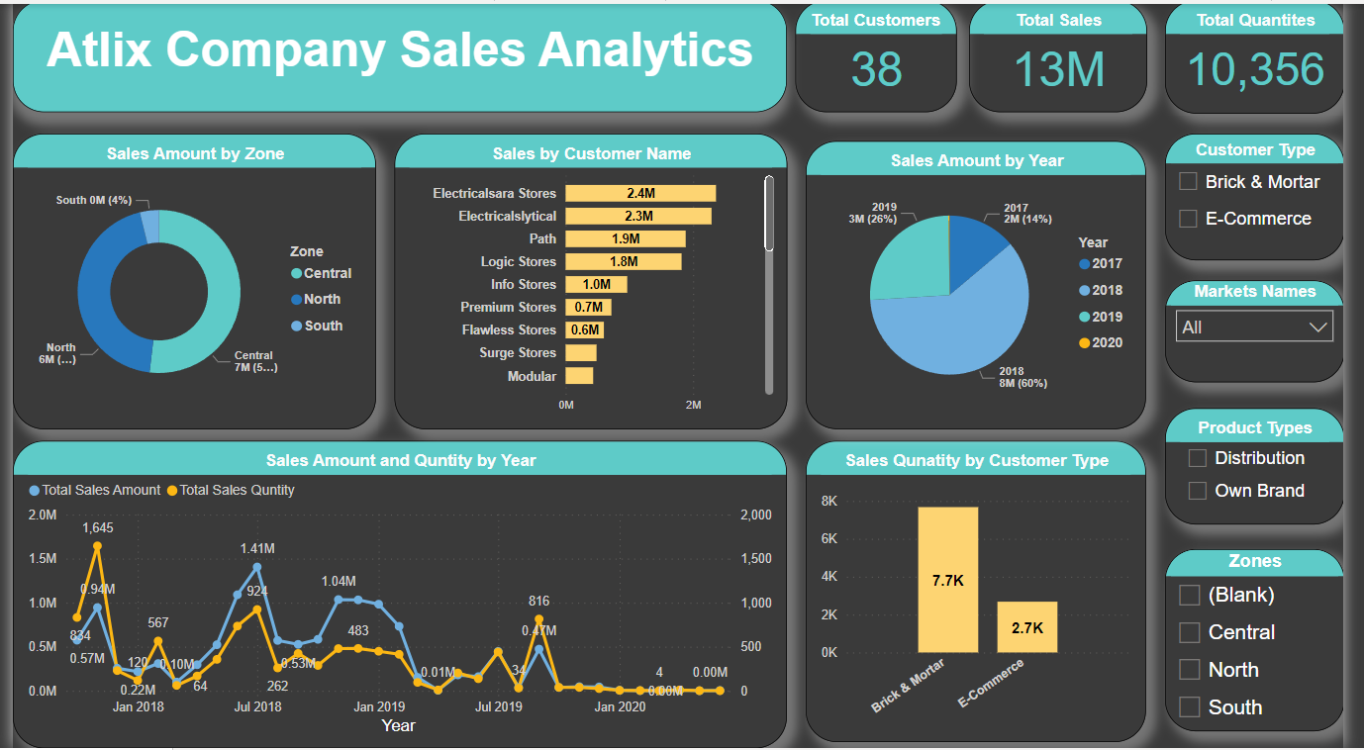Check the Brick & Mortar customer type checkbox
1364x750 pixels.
coord(1189,182)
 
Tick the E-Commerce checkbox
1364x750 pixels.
coord(1189,219)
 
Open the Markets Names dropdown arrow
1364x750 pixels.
coord(1318,327)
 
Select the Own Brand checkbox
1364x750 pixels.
coord(1198,491)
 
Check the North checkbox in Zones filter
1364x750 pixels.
coord(1190,670)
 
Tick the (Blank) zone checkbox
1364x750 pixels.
coord(1190,595)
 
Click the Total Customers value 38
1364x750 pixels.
coord(876,70)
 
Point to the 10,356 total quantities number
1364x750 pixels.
coord(1255,70)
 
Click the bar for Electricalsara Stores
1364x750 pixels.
coord(640,193)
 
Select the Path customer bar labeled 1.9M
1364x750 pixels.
coord(625,238)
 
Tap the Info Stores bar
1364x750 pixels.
coord(596,284)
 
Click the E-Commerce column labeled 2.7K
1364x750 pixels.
coord(1026,627)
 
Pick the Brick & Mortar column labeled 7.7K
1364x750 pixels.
coord(947,580)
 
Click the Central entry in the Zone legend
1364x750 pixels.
coord(327,273)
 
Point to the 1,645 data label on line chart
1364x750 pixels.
coord(97,527)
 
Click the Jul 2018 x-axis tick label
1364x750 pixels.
coord(257,706)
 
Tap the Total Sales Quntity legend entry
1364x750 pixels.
coord(237,490)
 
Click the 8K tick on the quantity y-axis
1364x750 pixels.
coord(828,502)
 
